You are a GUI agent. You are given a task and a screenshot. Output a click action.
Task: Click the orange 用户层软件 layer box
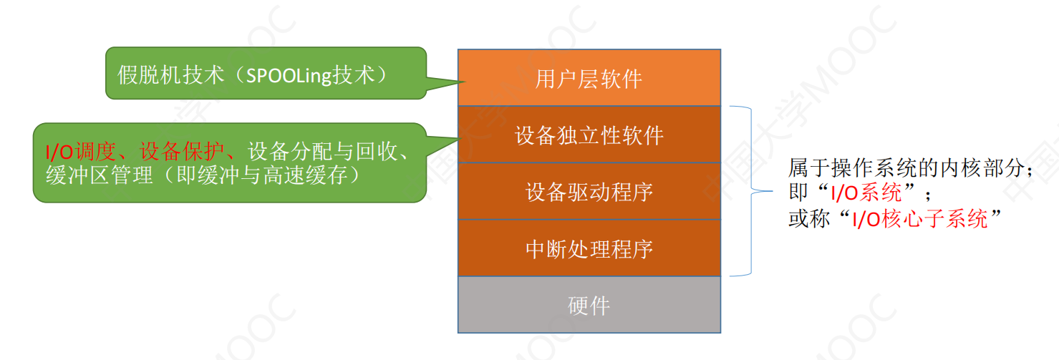tap(589, 77)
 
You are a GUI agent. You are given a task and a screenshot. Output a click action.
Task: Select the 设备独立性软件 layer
tap(589, 135)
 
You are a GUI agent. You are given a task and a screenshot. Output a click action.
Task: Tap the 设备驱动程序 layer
tap(589, 191)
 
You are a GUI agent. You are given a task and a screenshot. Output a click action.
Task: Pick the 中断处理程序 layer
tap(589, 248)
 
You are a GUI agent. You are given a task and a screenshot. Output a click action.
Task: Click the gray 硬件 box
tap(589, 305)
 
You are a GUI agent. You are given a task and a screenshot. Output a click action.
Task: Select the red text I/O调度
tap(81, 152)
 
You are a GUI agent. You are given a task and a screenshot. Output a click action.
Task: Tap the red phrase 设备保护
tap(182, 152)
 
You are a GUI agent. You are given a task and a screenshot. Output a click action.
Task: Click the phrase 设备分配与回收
tap(322, 152)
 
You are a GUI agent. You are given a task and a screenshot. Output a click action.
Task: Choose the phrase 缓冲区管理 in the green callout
tap(100, 175)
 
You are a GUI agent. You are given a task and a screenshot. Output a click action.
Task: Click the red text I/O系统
tap(866, 193)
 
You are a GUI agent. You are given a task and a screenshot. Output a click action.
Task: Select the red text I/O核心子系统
tap(920, 219)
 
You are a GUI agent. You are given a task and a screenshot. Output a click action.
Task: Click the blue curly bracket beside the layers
tap(751, 191)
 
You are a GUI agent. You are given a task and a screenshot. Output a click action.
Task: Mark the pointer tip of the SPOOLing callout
tap(465, 82)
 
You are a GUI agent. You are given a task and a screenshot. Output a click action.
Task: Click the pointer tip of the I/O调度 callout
tap(460, 138)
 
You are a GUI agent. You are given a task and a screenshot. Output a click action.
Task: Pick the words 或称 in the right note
tap(809, 219)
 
